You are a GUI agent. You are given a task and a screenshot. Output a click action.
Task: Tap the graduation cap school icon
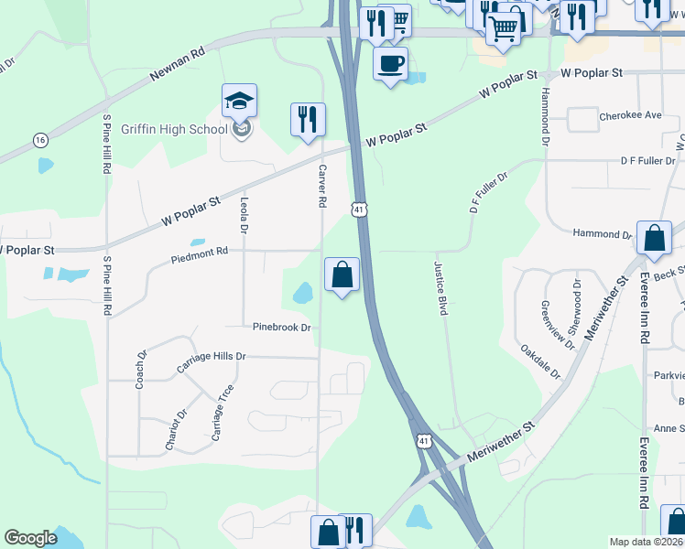pos(239,101)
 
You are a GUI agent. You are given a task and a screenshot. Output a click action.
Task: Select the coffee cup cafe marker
pos(390,64)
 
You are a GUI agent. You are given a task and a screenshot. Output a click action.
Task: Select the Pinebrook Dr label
pos(282,327)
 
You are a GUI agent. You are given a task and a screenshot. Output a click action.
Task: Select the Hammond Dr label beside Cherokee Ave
pos(544,117)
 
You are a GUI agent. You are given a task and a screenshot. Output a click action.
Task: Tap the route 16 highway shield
pos(39,140)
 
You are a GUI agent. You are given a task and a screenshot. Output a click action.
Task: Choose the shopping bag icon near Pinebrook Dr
pos(342,274)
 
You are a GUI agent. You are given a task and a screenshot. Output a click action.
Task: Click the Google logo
pos(30,538)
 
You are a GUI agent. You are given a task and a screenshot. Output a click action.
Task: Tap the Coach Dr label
pos(141,370)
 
